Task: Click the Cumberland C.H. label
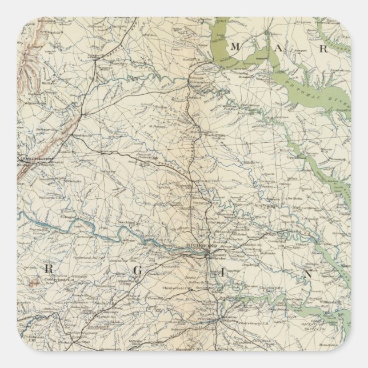[x=59, y=281]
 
